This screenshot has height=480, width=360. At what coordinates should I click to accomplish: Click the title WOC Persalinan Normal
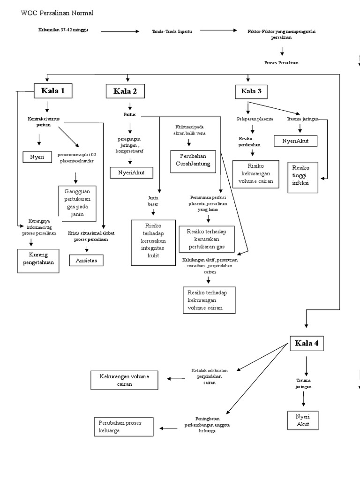57,13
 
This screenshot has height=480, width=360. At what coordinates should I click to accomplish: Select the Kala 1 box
53,91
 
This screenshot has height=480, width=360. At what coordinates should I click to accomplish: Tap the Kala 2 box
125,91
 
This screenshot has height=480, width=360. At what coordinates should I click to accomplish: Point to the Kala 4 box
307,344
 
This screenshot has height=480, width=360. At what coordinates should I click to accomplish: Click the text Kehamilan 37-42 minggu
63,30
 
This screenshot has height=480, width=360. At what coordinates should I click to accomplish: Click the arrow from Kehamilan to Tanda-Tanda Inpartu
120,31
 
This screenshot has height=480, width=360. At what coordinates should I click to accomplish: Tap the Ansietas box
86,260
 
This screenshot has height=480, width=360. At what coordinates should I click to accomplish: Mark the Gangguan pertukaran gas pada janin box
77,203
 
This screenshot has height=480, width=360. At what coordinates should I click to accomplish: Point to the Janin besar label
153,201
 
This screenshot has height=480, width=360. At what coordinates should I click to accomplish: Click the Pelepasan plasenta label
255,120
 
